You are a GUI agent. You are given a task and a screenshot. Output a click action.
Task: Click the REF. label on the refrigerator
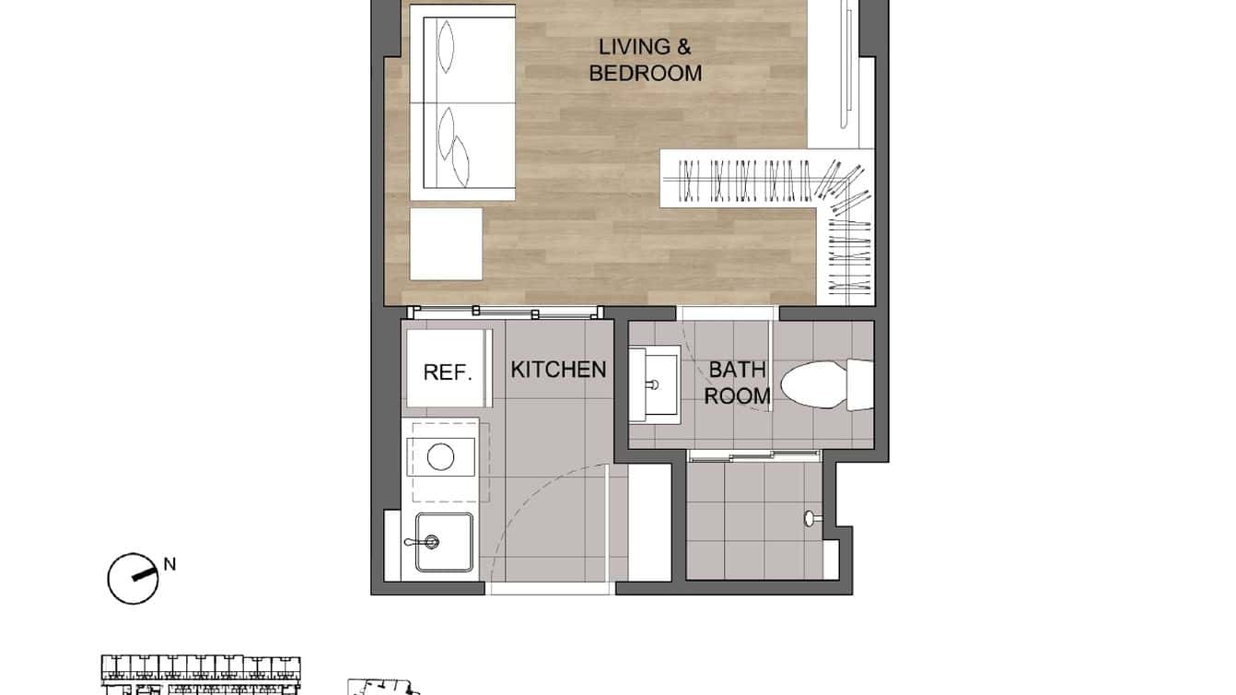[448, 372]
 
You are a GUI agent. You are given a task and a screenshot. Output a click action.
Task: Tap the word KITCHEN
[558, 370]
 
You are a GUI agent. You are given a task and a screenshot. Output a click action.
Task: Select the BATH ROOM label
[737, 383]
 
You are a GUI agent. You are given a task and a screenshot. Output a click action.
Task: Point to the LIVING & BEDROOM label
[645, 60]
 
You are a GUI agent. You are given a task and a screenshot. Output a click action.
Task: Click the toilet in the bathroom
[824, 385]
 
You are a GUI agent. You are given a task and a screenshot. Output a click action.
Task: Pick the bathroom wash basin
[654, 383]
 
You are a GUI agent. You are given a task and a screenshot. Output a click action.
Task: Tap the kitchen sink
[443, 542]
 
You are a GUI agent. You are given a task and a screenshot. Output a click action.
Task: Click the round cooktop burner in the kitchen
[441, 457]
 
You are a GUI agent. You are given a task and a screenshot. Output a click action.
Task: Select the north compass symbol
[133, 579]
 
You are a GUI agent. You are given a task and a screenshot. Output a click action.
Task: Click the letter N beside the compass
[169, 563]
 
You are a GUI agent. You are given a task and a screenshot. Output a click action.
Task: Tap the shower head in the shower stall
[810, 519]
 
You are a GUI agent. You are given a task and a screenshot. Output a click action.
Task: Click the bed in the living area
[463, 101]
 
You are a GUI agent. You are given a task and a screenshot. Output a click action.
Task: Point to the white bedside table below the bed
[446, 244]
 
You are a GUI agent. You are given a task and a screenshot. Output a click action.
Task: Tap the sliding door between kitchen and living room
[505, 312]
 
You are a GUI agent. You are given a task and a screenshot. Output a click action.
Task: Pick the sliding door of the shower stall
[753, 454]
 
